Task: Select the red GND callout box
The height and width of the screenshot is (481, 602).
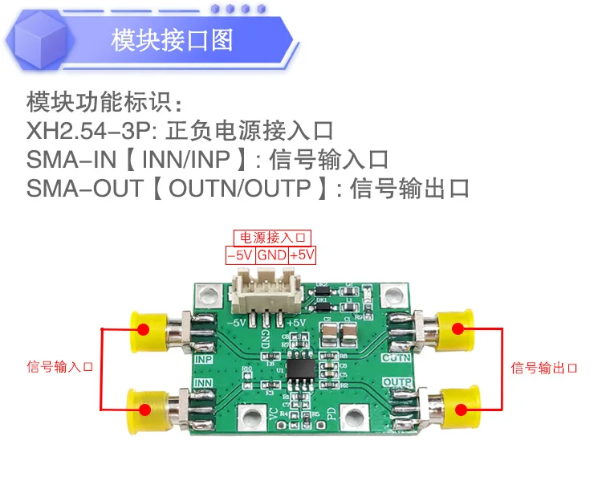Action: pyautogui.click(x=272, y=255)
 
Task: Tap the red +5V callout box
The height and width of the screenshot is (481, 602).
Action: pyautogui.click(x=302, y=255)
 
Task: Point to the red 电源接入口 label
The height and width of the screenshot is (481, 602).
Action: pyautogui.click(x=271, y=238)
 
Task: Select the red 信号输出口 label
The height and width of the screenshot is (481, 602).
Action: pyautogui.click(x=544, y=368)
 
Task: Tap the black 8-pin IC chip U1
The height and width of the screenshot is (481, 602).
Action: pyautogui.click(x=301, y=373)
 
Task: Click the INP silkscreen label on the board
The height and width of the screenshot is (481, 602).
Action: pyautogui.click(x=205, y=359)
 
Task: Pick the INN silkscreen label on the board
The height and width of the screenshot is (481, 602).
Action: pyautogui.click(x=205, y=383)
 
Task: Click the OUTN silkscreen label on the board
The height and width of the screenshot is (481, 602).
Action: pyautogui.click(x=397, y=357)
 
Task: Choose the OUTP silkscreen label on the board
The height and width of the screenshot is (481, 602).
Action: pyautogui.click(x=397, y=382)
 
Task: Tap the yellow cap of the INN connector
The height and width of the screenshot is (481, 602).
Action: pyautogui.click(x=146, y=408)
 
